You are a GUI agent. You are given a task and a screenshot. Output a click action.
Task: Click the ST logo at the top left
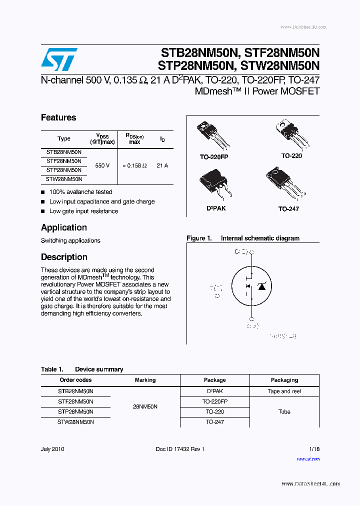(59, 59)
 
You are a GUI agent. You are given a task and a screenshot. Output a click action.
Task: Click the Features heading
(58, 118)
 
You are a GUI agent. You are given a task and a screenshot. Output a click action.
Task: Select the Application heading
(64, 227)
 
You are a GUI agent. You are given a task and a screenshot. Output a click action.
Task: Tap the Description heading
(64, 257)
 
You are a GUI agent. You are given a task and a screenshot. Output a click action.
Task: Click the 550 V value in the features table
(102, 165)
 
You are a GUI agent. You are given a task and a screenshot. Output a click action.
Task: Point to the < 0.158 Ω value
(134, 165)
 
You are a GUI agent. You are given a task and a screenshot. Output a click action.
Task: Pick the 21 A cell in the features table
(162, 165)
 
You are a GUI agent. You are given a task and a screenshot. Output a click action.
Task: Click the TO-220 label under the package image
(291, 156)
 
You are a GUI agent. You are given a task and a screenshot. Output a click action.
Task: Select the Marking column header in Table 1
(145, 380)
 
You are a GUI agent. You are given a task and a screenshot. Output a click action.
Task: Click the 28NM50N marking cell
(145, 407)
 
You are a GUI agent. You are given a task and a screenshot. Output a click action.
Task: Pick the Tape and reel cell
(284, 391)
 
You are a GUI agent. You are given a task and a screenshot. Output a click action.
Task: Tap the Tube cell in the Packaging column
(284, 412)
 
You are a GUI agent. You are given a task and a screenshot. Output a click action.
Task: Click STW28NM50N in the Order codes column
(76, 422)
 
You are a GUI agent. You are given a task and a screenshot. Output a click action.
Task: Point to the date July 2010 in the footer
(52, 449)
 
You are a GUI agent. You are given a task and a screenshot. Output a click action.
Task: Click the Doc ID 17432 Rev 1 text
(180, 449)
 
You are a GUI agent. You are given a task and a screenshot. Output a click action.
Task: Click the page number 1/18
(314, 449)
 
